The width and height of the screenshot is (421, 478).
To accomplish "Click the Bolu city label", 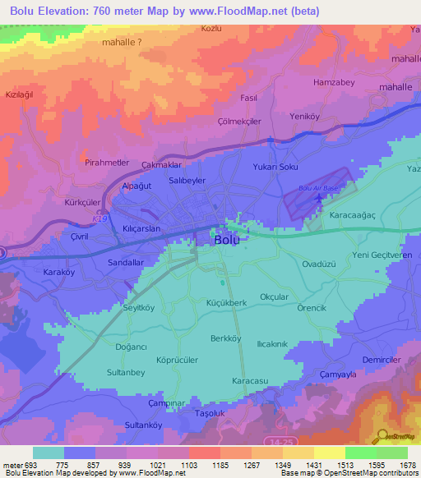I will [226, 241].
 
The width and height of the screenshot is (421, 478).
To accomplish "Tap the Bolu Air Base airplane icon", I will [320, 200].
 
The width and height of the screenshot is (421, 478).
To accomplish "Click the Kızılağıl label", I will [21, 95].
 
